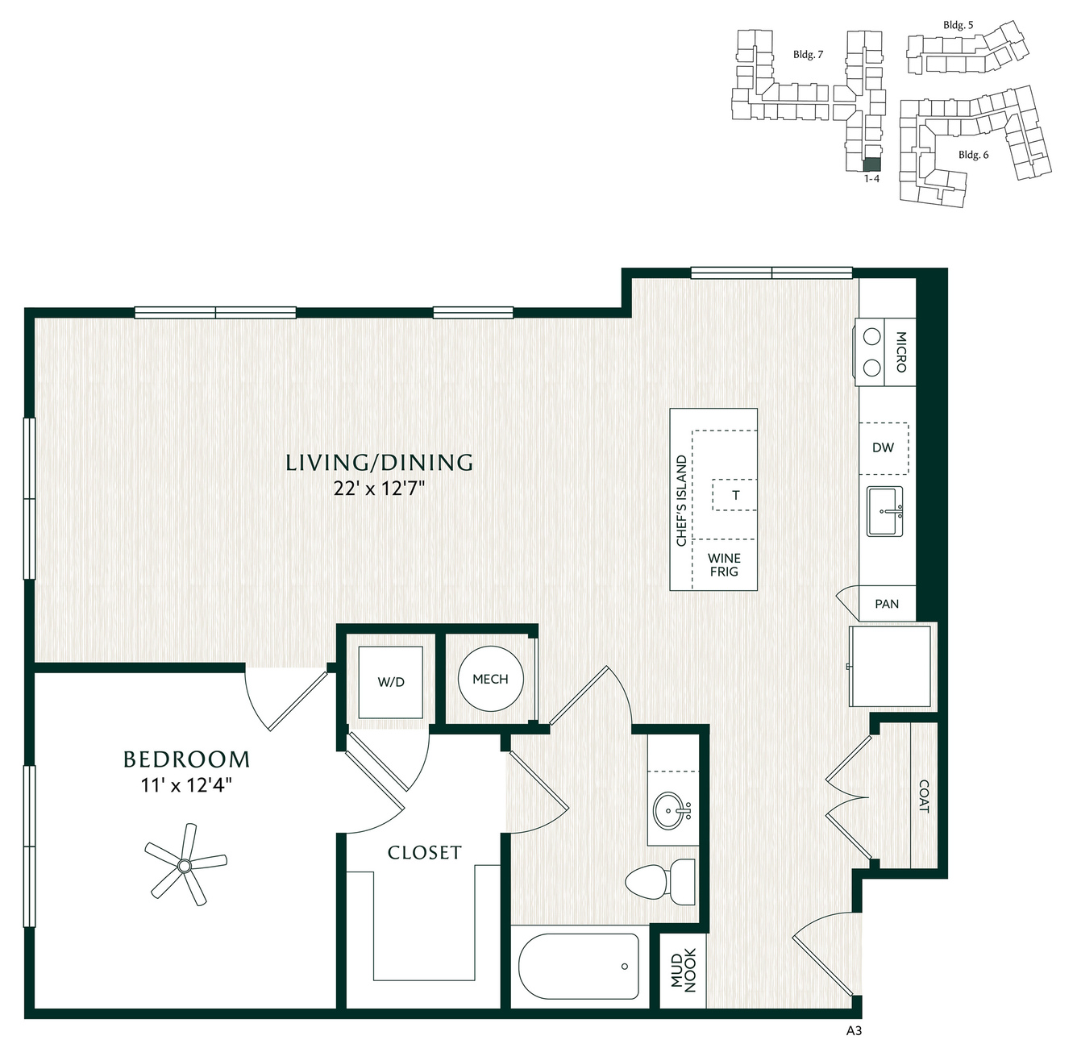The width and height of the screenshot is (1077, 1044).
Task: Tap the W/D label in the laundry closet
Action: [x=391, y=682]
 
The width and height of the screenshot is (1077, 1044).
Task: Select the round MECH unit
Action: [x=490, y=679]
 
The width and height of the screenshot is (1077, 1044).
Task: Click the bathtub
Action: [x=578, y=967]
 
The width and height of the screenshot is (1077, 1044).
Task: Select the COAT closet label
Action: [x=924, y=797]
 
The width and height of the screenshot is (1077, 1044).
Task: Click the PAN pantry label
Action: [x=887, y=604]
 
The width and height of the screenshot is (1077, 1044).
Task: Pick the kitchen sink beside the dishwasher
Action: [x=884, y=511]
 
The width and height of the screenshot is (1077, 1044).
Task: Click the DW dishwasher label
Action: [x=883, y=447]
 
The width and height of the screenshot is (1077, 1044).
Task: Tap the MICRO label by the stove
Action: [x=901, y=351]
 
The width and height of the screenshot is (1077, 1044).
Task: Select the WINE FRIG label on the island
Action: [x=724, y=564]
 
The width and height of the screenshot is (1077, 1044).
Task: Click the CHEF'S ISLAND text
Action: [x=681, y=501]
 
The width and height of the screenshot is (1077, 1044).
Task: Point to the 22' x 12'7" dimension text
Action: [x=379, y=489]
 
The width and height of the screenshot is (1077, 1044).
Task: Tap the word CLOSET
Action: [x=425, y=852]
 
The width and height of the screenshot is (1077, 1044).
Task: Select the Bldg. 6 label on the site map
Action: [x=974, y=155]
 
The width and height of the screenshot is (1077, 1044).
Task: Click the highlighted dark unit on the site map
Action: [x=871, y=164]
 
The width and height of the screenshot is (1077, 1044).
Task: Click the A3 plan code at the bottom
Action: [x=854, y=1031]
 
